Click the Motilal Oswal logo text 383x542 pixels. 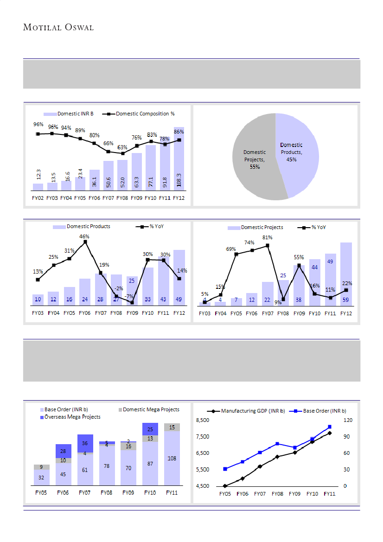pos(58,28)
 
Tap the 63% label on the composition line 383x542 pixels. pos(123,147)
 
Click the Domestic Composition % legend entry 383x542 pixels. pos(145,114)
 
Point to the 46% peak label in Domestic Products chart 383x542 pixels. pos(84,236)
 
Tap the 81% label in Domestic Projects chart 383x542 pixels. pos(267,237)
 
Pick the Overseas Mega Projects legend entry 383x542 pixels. pos(72,417)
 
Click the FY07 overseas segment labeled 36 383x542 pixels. pos(84,443)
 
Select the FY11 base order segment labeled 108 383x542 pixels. pos(172,457)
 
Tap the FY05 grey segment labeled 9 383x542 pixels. pos(41,467)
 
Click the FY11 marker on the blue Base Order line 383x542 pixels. pos(329,427)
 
